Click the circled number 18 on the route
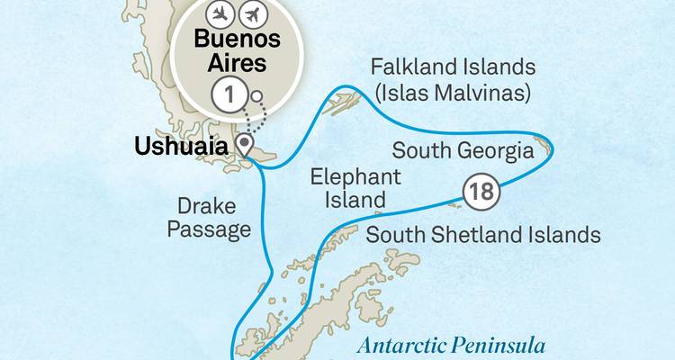click(480, 190)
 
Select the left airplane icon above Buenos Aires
click(219, 14)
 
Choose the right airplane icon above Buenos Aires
click(256, 14)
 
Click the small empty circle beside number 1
click(257, 96)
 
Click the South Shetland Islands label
click(482, 236)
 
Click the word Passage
click(214, 231)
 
